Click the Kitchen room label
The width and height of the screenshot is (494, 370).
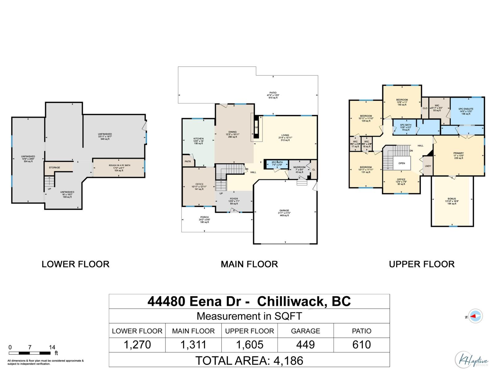tap(198, 139)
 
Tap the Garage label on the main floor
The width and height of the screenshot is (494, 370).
tap(284, 211)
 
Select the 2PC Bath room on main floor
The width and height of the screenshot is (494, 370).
tap(277, 164)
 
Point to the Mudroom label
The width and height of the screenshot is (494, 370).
tap(299, 167)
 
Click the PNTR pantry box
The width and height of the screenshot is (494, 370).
tap(188, 162)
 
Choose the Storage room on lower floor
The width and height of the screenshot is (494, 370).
tap(55, 167)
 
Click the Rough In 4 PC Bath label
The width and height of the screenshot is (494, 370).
tap(119, 166)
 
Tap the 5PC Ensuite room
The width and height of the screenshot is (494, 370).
tap(466, 109)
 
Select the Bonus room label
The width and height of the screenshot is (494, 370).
tap(452, 199)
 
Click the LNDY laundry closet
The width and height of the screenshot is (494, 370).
tap(428, 166)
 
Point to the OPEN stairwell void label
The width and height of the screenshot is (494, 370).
tap(402, 163)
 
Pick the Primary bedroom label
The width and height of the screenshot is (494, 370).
tap(458, 153)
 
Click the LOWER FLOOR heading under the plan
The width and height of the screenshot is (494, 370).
tap(75, 264)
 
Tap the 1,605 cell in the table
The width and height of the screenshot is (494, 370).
tap(249, 345)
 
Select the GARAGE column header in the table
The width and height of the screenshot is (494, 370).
tap(305, 331)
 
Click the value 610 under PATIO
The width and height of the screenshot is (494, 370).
tap(362, 345)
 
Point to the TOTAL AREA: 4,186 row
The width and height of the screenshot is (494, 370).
tap(249, 360)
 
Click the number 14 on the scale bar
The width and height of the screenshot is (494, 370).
tap(52, 347)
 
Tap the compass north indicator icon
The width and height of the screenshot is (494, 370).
tap(475, 316)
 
